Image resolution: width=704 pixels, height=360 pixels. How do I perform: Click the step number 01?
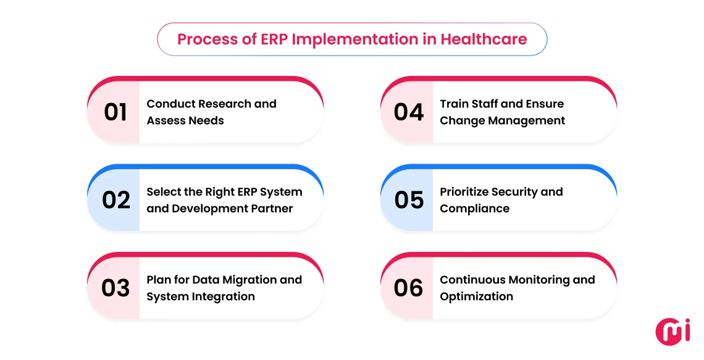[115, 112]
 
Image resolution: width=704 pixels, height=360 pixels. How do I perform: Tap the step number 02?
[116, 200]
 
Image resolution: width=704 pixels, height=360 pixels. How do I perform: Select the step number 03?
[115, 288]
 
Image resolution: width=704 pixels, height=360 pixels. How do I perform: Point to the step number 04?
[409, 112]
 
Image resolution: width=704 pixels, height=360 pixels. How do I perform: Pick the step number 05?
[409, 200]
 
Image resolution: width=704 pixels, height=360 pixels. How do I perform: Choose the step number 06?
[409, 288]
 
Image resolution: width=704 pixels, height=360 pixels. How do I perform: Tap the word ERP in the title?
[274, 40]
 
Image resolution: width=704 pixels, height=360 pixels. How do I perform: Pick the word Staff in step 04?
[485, 104]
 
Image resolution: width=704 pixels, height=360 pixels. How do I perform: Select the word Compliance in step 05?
[474, 209]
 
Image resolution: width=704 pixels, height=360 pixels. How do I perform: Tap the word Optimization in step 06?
[476, 296]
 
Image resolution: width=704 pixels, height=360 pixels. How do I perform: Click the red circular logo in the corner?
[673, 331]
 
